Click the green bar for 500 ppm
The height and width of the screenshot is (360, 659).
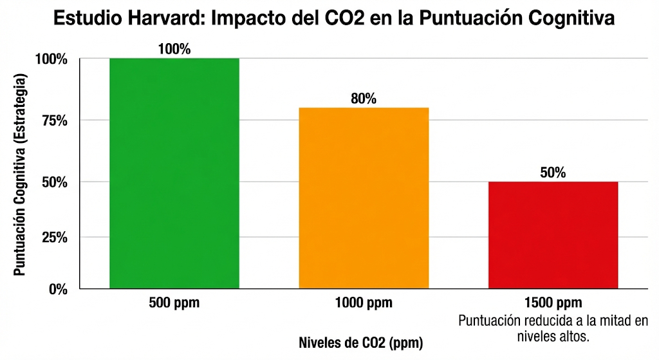point(174,173)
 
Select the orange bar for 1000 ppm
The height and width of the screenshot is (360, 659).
point(364,198)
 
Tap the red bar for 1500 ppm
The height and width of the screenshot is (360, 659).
point(553,235)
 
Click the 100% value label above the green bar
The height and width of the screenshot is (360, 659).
point(174,49)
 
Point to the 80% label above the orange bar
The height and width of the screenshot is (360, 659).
point(364,99)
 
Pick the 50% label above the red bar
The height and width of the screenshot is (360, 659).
point(553,173)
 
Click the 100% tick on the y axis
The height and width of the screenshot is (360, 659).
point(51,59)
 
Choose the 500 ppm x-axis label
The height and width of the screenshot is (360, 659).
point(174,303)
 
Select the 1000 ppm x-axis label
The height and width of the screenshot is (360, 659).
point(364,303)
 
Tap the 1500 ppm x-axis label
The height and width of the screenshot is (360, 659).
point(553,303)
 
